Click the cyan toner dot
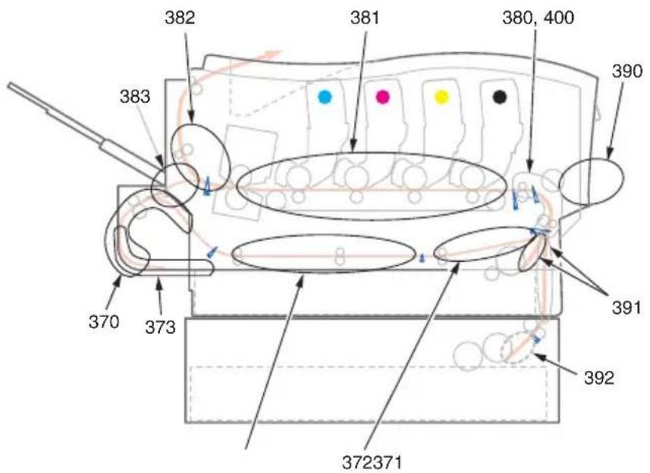(x=325, y=97)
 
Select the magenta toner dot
(x=382, y=97)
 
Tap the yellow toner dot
(x=441, y=97)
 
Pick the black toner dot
(x=500, y=96)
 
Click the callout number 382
(x=180, y=18)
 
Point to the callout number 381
(x=365, y=18)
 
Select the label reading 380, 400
(x=538, y=18)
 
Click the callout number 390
(x=627, y=71)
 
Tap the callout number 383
(x=135, y=97)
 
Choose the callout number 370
(x=104, y=322)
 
